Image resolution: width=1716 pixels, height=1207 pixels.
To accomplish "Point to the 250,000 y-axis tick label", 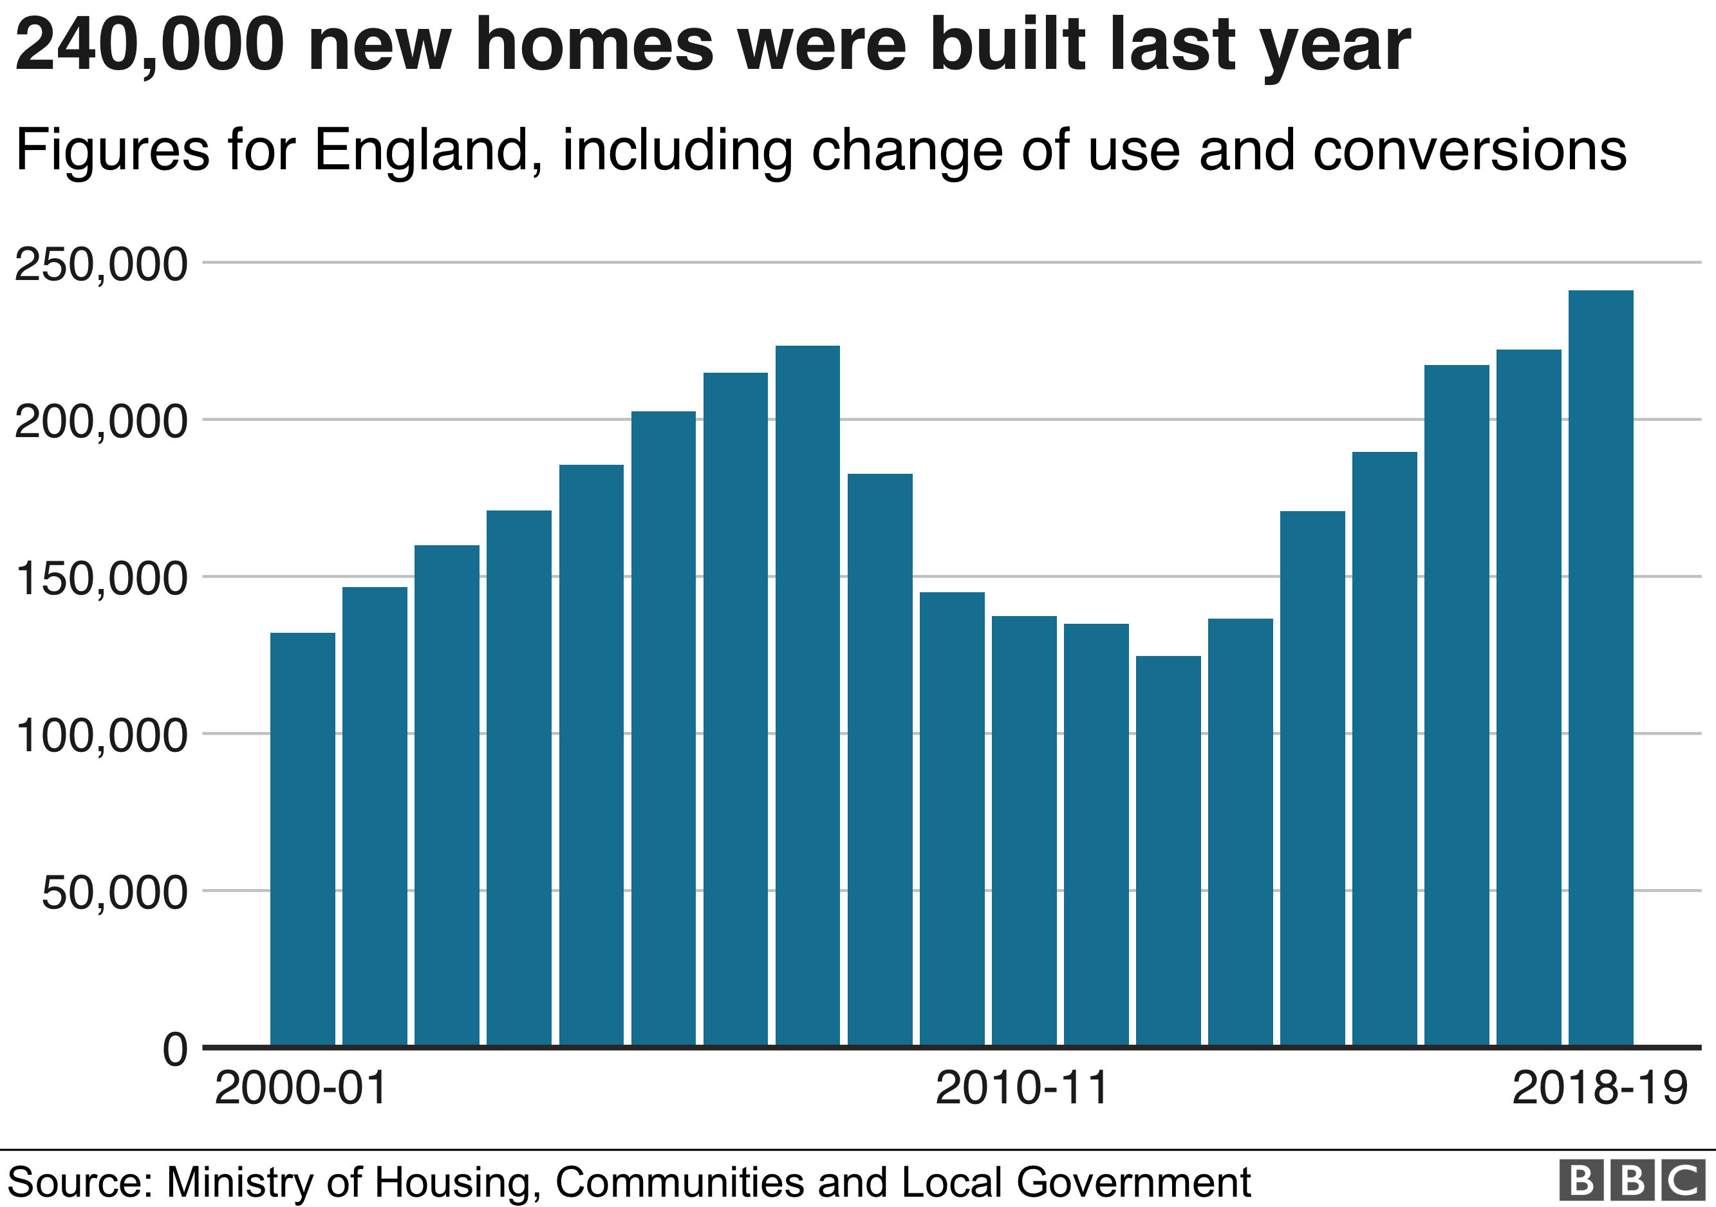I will (x=101, y=265).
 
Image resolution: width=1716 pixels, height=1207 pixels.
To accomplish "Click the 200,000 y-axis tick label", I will (x=101, y=422).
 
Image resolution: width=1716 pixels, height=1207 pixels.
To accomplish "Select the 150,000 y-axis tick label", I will (x=101, y=579).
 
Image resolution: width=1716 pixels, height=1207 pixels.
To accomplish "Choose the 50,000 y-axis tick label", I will (x=113, y=892).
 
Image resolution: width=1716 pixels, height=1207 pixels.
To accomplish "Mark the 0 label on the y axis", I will (x=175, y=1049).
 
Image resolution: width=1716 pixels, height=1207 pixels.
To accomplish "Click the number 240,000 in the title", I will (x=149, y=46).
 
